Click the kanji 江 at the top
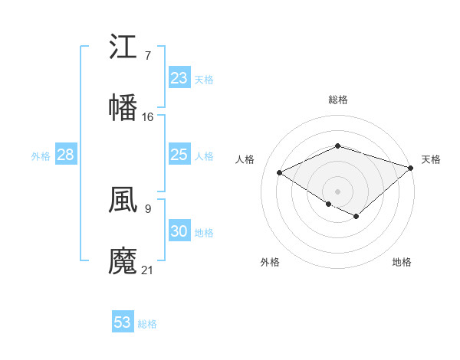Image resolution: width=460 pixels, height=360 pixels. pyautogui.click(x=123, y=47)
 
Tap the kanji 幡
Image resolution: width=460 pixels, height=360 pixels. pyautogui.click(x=123, y=107)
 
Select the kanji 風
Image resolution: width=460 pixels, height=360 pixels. pyautogui.click(x=123, y=201)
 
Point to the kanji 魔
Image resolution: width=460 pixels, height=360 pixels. pyautogui.click(x=123, y=260)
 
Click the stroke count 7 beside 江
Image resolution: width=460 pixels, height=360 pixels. pyautogui.click(x=147, y=56)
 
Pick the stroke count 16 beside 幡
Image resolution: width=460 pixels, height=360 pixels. pyautogui.click(x=148, y=117)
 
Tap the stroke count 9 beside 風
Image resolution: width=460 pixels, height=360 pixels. pyautogui.click(x=147, y=208)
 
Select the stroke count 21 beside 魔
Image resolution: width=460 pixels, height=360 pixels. pyautogui.click(x=148, y=270)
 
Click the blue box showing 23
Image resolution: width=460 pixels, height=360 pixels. pyautogui.click(x=179, y=78)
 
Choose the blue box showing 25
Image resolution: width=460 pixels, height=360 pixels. pyautogui.click(x=179, y=155)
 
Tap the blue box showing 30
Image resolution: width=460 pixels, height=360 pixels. pyautogui.click(x=179, y=231)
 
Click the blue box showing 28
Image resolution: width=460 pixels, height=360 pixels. pyautogui.click(x=66, y=155)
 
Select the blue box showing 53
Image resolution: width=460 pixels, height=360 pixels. pyautogui.click(x=123, y=322)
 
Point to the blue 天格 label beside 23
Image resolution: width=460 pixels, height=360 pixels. pyautogui.click(x=204, y=79)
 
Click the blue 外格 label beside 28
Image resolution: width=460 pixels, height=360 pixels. pyautogui.click(x=41, y=155)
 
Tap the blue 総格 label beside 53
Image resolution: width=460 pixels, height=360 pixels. pyautogui.click(x=147, y=323)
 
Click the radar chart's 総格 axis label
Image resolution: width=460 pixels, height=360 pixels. pyautogui.click(x=337, y=100)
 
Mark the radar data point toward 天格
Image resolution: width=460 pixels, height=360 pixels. pyautogui.click(x=412, y=168)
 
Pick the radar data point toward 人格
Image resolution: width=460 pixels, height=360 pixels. pyautogui.click(x=280, y=173)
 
